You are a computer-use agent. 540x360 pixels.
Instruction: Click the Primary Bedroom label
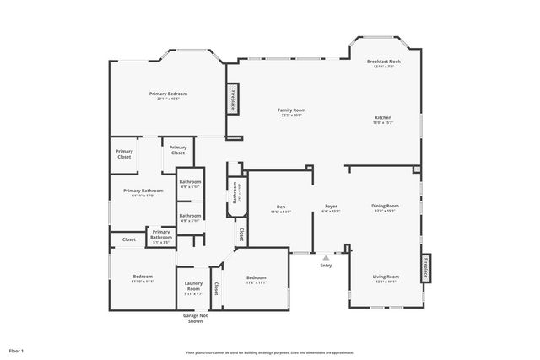pyautogui.click(x=168, y=94)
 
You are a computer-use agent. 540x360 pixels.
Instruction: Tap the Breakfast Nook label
pyautogui.click(x=383, y=62)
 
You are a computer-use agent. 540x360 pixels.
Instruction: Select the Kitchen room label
pyautogui.click(x=383, y=117)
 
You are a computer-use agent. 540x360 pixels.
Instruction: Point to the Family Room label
pyautogui.click(x=292, y=110)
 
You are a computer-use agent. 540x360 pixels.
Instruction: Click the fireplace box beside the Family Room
pyautogui.click(x=231, y=99)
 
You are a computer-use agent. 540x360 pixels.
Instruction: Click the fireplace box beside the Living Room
pyautogui.click(x=426, y=268)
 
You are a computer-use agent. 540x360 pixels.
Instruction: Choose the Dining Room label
pyautogui.click(x=385, y=206)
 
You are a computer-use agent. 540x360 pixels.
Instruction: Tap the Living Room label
pyautogui.click(x=386, y=277)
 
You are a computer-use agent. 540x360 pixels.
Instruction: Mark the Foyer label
pyautogui.click(x=331, y=206)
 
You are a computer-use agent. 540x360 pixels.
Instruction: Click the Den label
pyautogui.click(x=281, y=207)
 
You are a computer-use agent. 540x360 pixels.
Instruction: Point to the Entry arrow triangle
pyautogui.click(x=326, y=257)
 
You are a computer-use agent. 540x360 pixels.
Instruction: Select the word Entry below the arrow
pyautogui.click(x=326, y=266)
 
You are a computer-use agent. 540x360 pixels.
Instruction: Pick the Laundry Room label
pyautogui.click(x=193, y=287)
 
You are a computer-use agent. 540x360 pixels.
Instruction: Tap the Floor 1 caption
pyautogui.click(x=17, y=349)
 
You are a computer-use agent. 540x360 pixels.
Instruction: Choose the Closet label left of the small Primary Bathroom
pyautogui.click(x=129, y=239)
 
